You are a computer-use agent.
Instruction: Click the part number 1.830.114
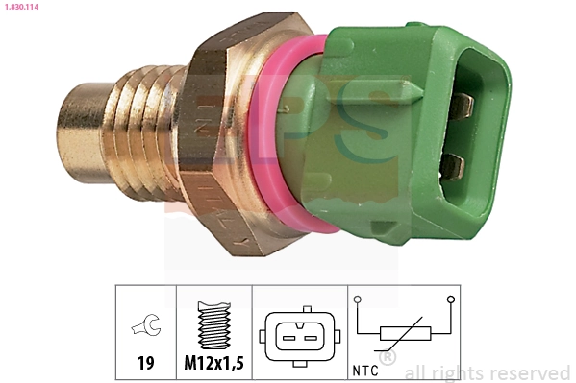pos(22,8)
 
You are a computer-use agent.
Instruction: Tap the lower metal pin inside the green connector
pos(452,169)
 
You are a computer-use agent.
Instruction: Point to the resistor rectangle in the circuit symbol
pos(403,335)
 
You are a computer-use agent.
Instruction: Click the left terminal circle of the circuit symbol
pos(357,299)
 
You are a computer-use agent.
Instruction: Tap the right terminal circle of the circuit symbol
pos(449,299)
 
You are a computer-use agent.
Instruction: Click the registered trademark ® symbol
pos(388,359)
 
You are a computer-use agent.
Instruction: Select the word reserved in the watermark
pos(528,372)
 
